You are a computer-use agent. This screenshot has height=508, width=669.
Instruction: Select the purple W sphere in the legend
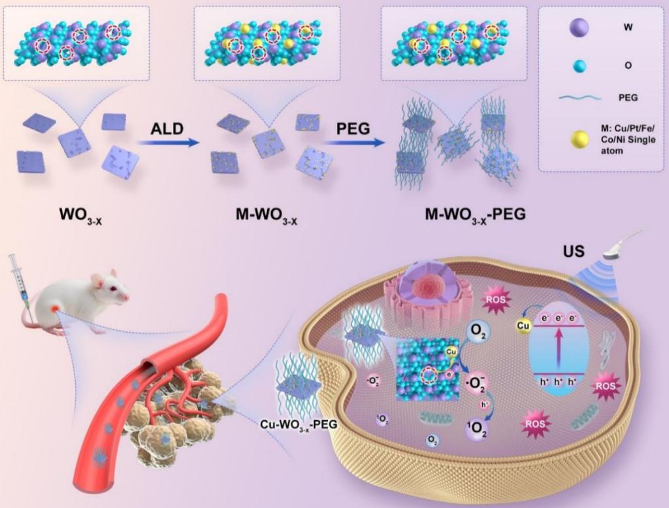(579, 28)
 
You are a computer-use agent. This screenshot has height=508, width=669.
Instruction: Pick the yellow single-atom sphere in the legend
(579, 137)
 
